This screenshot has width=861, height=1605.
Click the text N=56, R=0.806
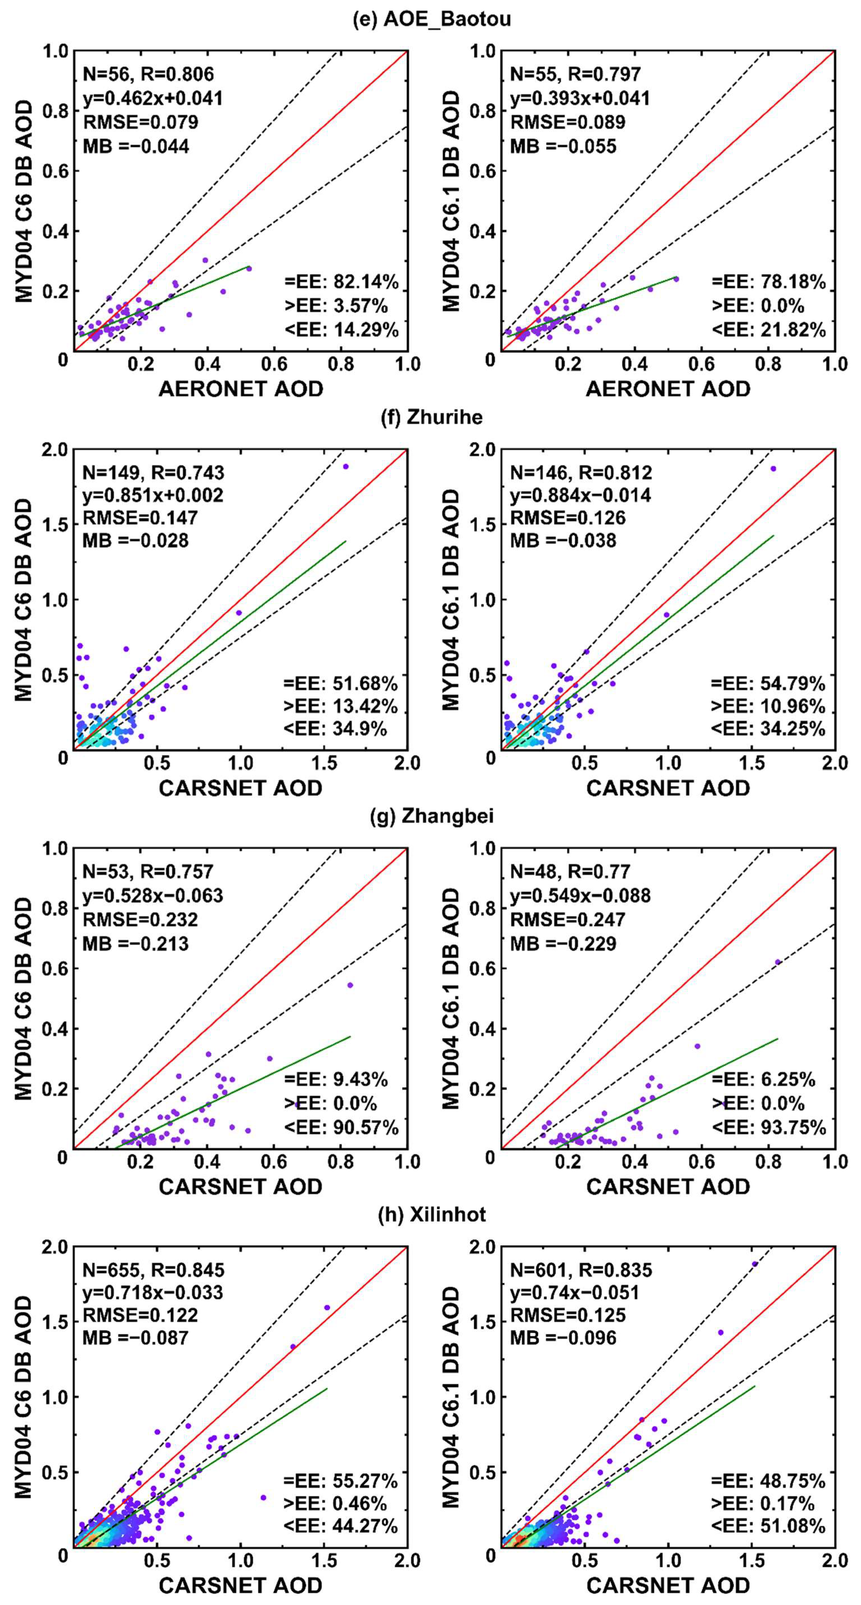click(x=148, y=74)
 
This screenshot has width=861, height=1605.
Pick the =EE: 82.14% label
click(x=341, y=282)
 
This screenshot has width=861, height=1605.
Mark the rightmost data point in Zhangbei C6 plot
click(x=350, y=985)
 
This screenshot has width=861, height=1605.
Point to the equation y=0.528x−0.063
click(x=153, y=895)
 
